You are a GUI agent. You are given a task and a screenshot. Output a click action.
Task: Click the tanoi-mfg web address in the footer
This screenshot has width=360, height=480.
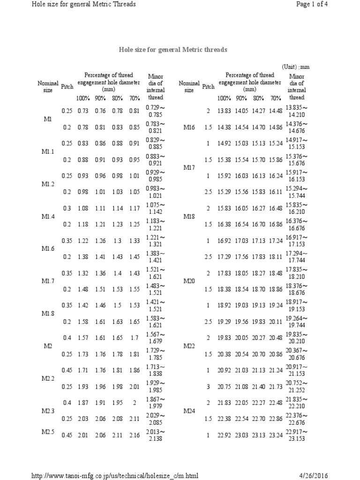[115, 475]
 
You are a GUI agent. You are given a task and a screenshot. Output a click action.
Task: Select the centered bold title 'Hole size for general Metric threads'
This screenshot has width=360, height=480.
[173, 49]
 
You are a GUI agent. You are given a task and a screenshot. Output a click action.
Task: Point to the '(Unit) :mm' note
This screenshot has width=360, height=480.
[296, 67]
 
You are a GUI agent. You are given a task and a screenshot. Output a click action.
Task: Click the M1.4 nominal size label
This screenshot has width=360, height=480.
[47, 216]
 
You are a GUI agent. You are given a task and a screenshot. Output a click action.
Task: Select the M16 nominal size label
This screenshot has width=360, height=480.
[189, 127]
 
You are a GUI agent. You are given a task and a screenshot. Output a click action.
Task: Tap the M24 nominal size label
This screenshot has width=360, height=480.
[189, 411]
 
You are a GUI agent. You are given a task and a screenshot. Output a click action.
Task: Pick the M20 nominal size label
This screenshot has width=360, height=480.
[189, 281]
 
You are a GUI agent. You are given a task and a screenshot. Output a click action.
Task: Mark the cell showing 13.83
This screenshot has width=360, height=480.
[224, 111]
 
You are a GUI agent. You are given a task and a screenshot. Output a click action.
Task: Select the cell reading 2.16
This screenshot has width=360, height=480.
[134, 435]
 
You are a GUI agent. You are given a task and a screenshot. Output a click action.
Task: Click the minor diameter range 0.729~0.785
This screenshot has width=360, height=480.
[155, 111]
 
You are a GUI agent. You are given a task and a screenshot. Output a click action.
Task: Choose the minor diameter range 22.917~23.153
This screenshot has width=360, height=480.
[297, 435]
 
